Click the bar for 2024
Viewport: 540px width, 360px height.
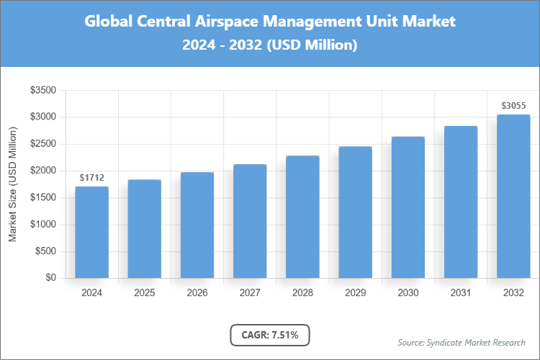coord(91,232)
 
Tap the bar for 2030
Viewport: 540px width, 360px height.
coord(408,207)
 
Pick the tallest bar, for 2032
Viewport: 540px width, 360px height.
coord(513,196)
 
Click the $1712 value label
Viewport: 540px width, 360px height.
coord(92,177)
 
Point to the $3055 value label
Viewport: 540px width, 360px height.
coord(514,105)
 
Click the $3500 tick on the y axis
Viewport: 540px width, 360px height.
coord(42,91)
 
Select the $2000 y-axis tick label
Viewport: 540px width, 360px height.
coord(42,171)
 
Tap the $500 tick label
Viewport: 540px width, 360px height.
coord(45,251)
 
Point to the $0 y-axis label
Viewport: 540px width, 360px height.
coord(50,278)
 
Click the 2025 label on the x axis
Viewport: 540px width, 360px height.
coord(144,293)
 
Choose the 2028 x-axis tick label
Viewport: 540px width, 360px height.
coord(302,293)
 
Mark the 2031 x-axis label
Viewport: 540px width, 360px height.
coord(461,293)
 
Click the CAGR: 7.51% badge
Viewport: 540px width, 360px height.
coord(270,335)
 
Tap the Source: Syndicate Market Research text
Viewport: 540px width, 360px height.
coord(462,342)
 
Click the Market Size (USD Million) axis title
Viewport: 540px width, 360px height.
coord(12,184)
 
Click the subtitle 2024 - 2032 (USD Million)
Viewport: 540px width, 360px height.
coord(270,45)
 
